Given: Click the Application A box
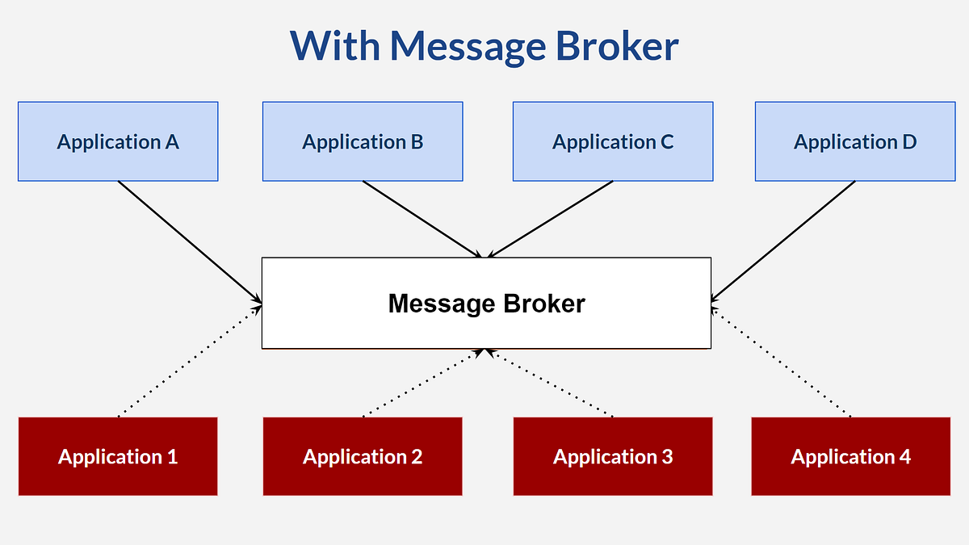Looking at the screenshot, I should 118,141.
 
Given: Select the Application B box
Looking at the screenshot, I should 363,141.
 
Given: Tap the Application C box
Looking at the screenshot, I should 613,141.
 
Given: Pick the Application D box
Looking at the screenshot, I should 855,141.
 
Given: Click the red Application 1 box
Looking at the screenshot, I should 118,456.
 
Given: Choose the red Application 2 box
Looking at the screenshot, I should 363,456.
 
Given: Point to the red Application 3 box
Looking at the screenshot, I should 613,456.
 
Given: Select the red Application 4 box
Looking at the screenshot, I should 850,456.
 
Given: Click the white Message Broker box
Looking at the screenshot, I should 486,304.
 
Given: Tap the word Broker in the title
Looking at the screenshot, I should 616,46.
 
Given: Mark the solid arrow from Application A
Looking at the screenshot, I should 189,241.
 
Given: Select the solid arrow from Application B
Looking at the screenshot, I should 423,218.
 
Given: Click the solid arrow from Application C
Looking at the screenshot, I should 551,218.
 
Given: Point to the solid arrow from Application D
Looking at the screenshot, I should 783,241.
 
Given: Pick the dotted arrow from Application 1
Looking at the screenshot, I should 189,361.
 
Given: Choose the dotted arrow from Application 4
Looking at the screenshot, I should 782,361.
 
